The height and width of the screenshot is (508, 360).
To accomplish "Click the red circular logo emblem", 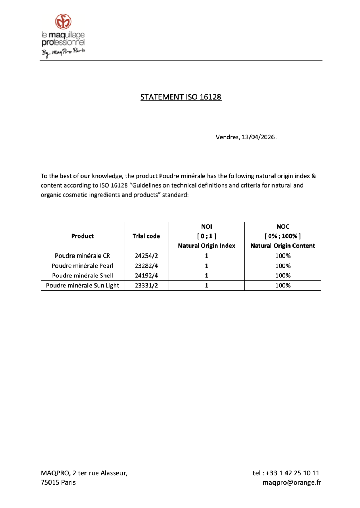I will [x=63, y=22].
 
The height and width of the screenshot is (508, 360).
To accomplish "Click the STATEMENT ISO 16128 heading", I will [x=181, y=97].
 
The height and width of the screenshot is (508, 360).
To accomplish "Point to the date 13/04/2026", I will [x=259, y=137].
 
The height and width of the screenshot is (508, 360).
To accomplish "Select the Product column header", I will [x=82, y=236].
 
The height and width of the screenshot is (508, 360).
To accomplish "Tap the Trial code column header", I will [x=146, y=236].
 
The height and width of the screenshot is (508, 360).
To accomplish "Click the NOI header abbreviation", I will [x=206, y=227].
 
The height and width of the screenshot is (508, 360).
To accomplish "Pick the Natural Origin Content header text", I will [x=282, y=246].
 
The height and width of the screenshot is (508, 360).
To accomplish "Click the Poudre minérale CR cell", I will [x=82, y=256].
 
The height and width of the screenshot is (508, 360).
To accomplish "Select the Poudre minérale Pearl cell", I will [x=82, y=266].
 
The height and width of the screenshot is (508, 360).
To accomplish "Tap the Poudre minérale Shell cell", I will [x=82, y=276].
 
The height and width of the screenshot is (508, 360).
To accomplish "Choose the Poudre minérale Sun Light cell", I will [x=82, y=286].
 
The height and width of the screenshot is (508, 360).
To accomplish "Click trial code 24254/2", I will [x=146, y=256].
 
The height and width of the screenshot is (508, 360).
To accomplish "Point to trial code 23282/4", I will [x=146, y=266].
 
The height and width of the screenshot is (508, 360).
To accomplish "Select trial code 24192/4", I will [x=146, y=276].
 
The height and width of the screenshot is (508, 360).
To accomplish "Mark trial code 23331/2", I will [x=146, y=286].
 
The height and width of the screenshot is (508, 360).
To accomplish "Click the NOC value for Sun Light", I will [x=282, y=286].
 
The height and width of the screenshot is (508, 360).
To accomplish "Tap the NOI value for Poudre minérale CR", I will [x=206, y=256].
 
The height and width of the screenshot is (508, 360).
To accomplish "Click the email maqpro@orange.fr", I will [x=292, y=482].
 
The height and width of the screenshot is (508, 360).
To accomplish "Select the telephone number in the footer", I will [x=292, y=473].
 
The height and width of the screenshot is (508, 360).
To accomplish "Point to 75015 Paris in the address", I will [x=58, y=482].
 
